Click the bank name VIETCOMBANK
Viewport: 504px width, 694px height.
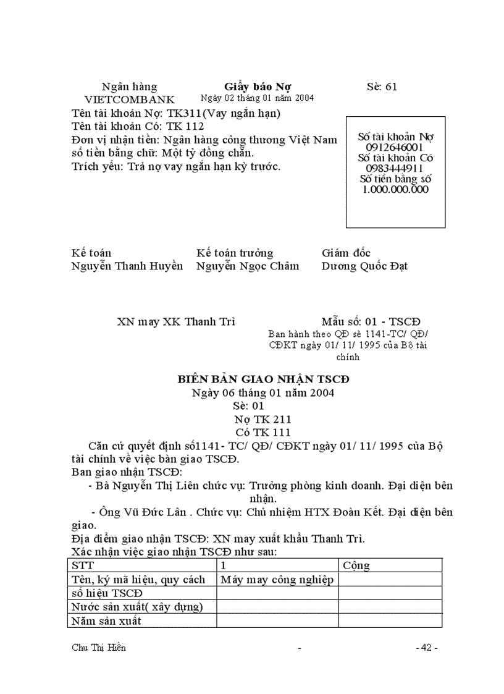point(129,99)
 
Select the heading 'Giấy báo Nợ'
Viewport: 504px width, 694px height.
point(258,87)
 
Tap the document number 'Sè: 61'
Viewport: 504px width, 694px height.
point(382,87)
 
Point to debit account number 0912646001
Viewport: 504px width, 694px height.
point(394,147)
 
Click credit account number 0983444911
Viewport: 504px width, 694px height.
point(394,168)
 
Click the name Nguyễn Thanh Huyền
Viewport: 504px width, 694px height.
point(127,266)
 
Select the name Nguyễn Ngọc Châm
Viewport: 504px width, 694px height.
point(248,266)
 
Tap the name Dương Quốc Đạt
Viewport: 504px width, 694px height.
point(364,266)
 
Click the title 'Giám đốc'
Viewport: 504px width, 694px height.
point(346,253)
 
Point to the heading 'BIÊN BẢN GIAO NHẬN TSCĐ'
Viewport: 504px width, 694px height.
point(263,379)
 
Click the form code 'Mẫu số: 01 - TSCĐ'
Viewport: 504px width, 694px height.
point(371,321)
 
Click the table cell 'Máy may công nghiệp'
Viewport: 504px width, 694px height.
point(277,579)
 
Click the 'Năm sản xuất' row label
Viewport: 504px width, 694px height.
point(106,620)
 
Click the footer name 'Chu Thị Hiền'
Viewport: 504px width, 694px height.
point(99,648)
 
